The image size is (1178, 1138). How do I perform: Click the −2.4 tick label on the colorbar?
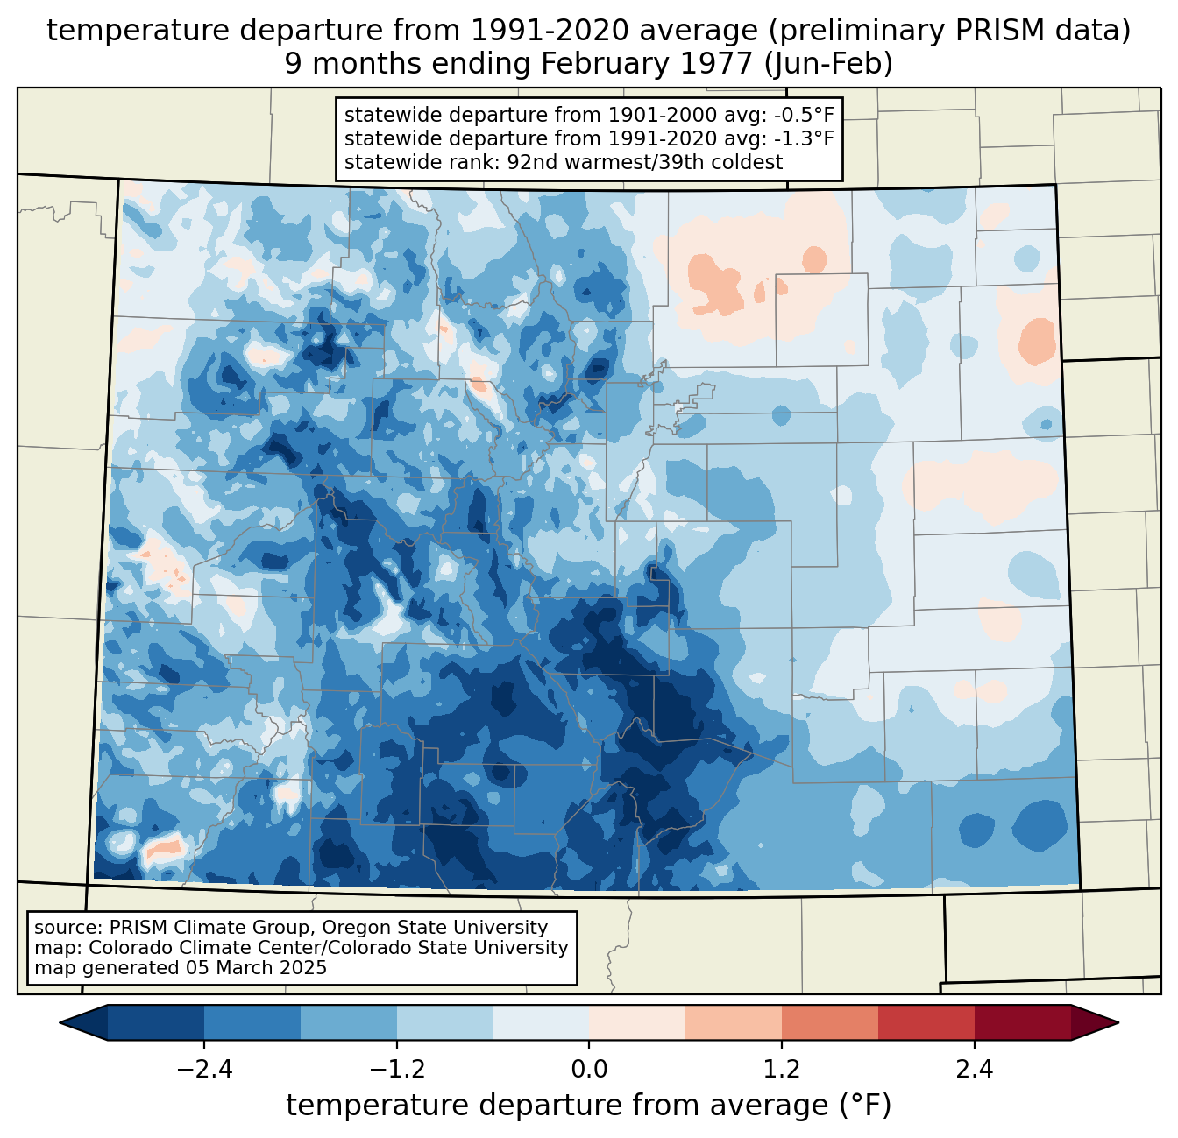tap(204, 1070)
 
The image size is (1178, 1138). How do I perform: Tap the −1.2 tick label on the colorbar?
tap(396, 1070)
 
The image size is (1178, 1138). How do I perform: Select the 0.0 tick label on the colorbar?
tap(589, 1070)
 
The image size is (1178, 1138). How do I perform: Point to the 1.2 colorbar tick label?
tap(782, 1070)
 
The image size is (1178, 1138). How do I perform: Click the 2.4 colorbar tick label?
tap(974, 1070)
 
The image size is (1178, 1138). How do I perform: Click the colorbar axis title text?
tap(588, 1106)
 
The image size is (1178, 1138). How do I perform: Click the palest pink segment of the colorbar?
tap(637, 1022)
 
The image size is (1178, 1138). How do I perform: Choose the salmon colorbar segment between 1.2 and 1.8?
tap(829, 1022)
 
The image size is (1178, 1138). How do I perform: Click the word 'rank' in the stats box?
tap(456, 162)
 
